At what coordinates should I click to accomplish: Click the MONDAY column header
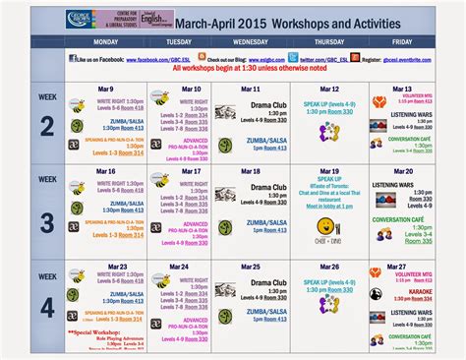tap(105, 43)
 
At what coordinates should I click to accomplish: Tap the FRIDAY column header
tap(402, 43)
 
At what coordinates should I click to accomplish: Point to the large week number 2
tap(45, 127)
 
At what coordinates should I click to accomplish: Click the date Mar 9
tap(104, 89)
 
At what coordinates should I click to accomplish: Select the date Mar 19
tap(330, 171)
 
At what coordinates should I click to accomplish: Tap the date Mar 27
tap(396, 267)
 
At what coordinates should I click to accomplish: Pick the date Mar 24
tap(178, 267)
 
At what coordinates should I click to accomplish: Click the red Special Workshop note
tap(94, 332)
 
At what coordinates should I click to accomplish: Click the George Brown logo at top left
tap(52, 19)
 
